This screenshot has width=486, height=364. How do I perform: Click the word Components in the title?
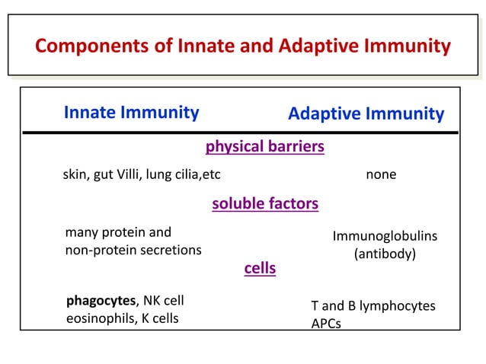[84, 47]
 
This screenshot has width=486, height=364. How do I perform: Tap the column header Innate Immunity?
[131, 113]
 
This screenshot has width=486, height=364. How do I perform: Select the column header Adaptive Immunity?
[366, 114]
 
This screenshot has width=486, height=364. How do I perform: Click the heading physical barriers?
[265, 145]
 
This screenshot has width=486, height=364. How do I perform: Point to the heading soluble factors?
[264, 204]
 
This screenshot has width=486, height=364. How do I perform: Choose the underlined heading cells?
[260, 269]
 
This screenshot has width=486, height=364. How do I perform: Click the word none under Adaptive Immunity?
[381, 175]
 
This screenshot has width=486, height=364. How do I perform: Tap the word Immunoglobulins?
[385, 238]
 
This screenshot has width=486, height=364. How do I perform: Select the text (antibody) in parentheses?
[385, 254]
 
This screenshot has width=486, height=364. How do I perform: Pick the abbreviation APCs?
[326, 324]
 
